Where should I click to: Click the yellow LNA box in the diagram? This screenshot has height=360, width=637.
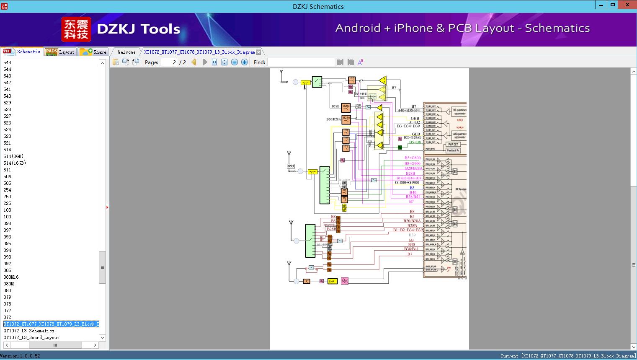click(333, 281)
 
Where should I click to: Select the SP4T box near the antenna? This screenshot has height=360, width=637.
click(291, 166)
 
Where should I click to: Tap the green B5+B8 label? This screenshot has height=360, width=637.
click(415, 142)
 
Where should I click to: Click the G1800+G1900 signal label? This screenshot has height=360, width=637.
click(407, 183)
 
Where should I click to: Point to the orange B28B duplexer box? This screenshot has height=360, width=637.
click(346, 107)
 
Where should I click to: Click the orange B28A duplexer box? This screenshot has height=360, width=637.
click(346, 119)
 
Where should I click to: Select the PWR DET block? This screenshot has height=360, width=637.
click(453, 144)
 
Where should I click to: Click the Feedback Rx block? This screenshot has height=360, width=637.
click(453, 150)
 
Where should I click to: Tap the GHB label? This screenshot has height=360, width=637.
click(415, 119)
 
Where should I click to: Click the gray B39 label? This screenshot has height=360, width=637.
click(412, 235)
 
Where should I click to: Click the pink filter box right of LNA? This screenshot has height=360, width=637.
click(345, 281)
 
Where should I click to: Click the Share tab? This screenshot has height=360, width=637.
click(94, 52)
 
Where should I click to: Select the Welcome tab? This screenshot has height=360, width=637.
click(126, 52)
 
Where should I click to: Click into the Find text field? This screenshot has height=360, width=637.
click(301, 62)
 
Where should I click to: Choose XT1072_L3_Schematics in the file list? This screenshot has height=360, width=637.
click(29, 331)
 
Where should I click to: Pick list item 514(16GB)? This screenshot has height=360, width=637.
click(15, 163)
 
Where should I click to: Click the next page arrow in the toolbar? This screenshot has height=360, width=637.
click(204, 62)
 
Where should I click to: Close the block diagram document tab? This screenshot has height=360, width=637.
click(259, 52)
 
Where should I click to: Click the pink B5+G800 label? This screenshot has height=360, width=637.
click(412, 158)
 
